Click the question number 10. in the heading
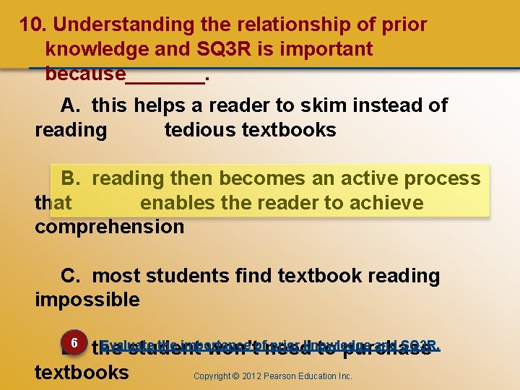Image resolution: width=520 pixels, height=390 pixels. (x=33, y=25)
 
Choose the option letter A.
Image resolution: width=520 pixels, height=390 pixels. (x=70, y=106)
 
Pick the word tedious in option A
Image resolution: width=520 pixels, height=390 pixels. (x=200, y=131)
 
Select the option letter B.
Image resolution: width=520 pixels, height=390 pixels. (x=70, y=178)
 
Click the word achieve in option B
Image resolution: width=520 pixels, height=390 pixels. (x=388, y=203)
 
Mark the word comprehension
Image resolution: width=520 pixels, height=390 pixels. (x=109, y=227)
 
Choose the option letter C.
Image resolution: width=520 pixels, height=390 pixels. (x=70, y=276)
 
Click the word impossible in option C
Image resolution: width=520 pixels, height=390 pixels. (x=87, y=300)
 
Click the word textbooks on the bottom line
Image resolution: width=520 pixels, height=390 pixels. (x=82, y=373)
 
